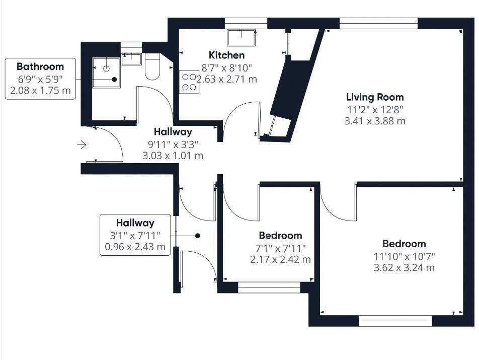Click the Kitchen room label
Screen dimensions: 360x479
click(227, 55)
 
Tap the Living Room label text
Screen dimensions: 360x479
click(375, 97)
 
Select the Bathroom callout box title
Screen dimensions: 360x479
click(40, 66)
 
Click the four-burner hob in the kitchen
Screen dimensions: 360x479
click(189, 82)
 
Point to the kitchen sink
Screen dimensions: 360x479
click(242, 37)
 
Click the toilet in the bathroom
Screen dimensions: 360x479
click(152, 68)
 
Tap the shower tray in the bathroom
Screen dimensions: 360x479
click(106, 71)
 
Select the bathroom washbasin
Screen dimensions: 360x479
click(131, 58)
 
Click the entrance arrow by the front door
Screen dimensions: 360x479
click(82, 145)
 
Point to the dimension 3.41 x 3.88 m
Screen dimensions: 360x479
click(375, 121)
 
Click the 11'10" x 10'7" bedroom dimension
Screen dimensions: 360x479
click(404, 256)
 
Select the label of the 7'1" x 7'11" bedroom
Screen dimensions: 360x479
click(280, 236)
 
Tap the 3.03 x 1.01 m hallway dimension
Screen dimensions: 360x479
click(173, 156)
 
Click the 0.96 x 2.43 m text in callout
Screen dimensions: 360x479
click(135, 247)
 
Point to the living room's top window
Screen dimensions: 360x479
click(378, 23)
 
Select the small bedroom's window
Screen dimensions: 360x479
click(269, 287)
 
